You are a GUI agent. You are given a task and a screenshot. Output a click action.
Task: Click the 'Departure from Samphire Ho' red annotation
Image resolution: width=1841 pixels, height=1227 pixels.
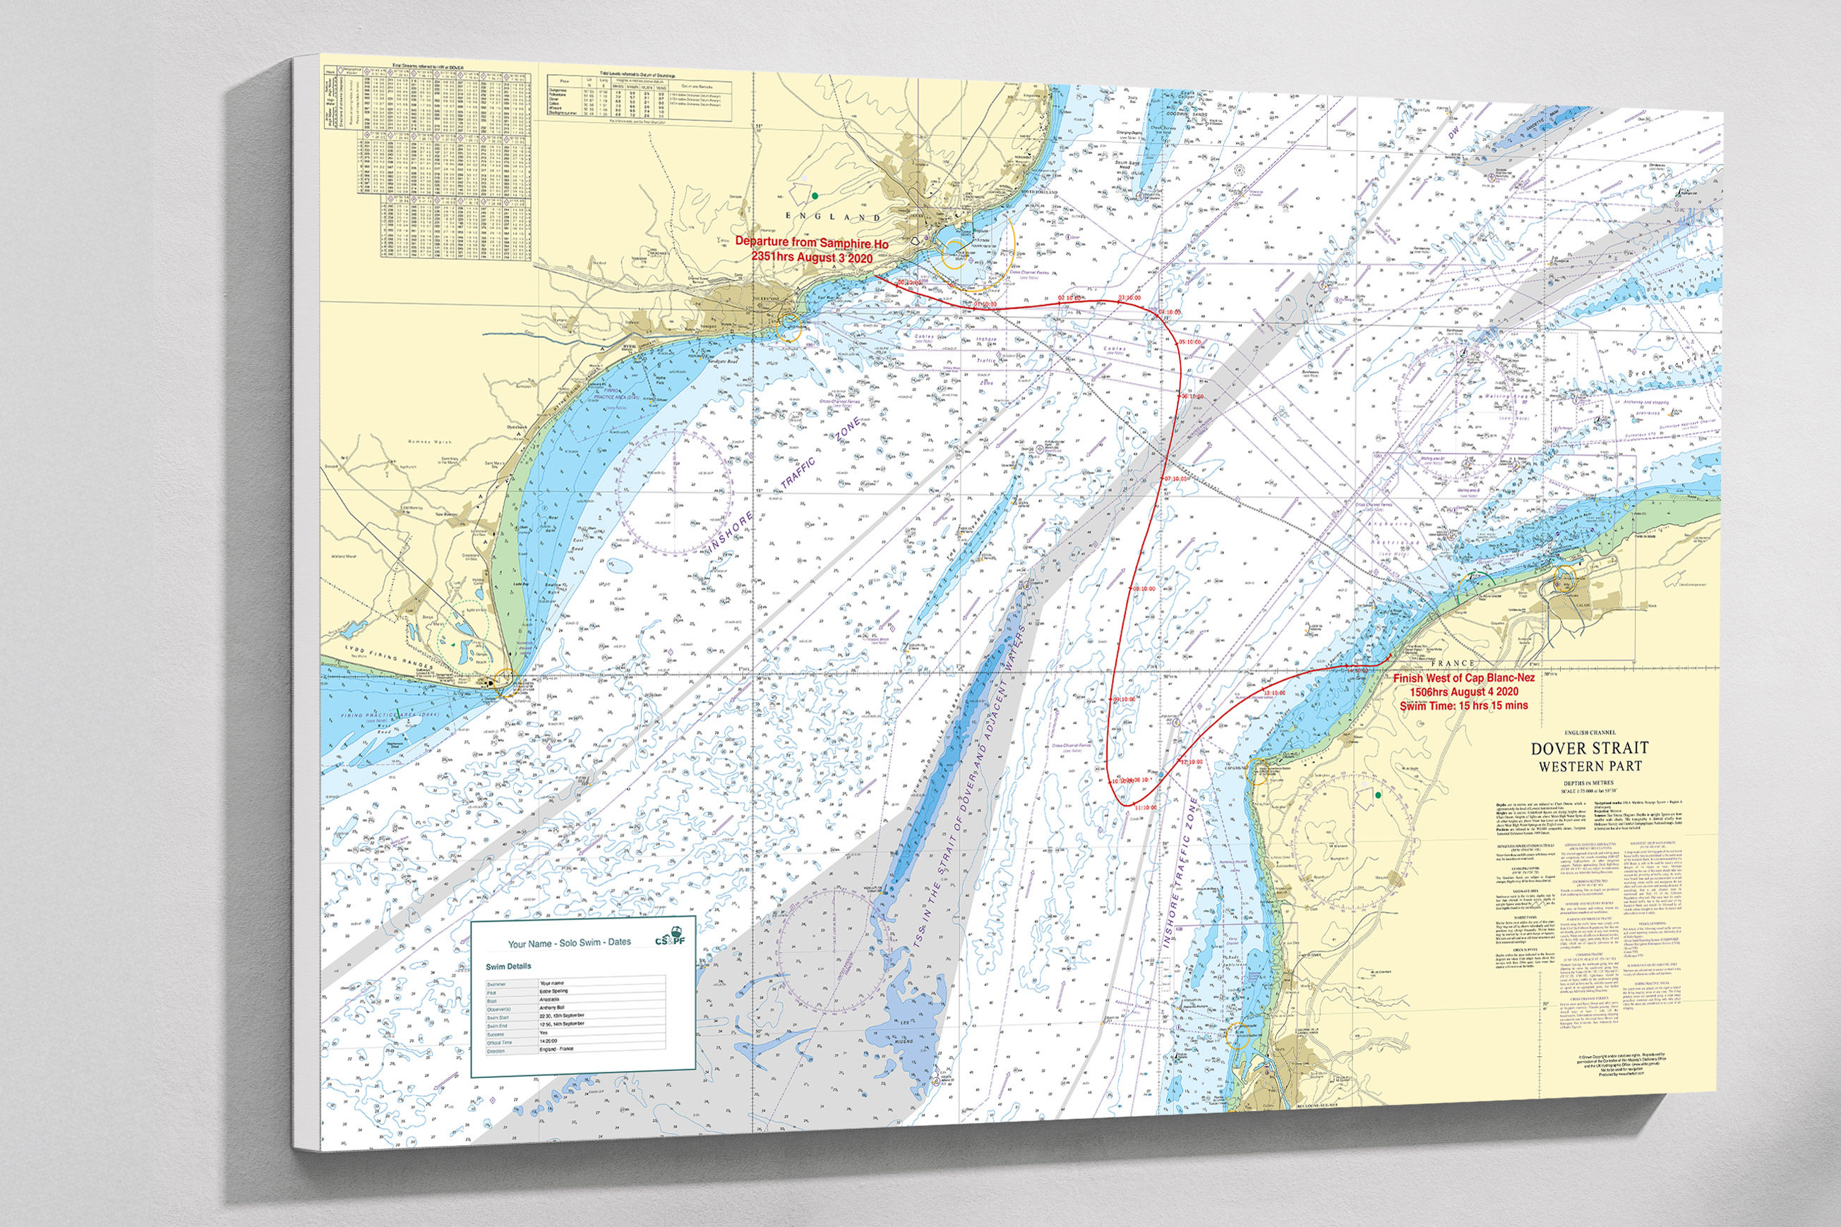pyautogui.click(x=811, y=243)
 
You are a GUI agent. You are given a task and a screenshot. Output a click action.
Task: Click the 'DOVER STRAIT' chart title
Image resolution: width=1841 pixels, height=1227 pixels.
pyautogui.click(x=1588, y=748)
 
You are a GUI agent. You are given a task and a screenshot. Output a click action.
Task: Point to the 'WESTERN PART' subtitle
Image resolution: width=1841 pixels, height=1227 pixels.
pyautogui.click(x=1590, y=766)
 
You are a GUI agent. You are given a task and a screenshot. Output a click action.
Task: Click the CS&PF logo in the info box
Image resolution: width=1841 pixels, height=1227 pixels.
pyautogui.click(x=670, y=937)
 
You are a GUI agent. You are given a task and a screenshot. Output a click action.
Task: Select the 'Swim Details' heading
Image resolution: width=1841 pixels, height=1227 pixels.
pyautogui.click(x=508, y=966)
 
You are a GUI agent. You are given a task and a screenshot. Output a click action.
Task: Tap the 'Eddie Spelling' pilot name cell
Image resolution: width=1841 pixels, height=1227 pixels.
pyautogui.click(x=553, y=991)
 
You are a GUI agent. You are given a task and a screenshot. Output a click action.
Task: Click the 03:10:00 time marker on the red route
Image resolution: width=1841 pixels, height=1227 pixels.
pyautogui.click(x=1129, y=298)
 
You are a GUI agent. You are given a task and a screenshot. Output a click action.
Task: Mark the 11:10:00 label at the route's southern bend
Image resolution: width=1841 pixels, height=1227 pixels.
pyautogui.click(x=1144, y=806)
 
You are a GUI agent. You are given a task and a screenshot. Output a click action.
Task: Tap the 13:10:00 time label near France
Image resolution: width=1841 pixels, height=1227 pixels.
pyautogui.click(x=1274, y=694)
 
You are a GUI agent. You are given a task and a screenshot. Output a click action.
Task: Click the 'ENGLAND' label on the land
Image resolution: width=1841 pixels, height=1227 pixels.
pyautogui.click(x=832, y=216)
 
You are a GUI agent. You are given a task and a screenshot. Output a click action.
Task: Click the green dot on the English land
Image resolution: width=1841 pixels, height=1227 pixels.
pyautogui.click(x=815, y=195)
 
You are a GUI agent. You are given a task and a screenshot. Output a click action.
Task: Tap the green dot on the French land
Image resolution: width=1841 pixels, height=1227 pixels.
pyautogui.click(x=1378, y=795)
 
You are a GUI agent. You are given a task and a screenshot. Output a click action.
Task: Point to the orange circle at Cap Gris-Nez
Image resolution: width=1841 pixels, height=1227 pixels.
pyautogui.click(x=1259, y=775)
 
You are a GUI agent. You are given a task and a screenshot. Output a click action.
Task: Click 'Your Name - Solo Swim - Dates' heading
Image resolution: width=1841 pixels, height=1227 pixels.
pyautogui.click(x=568, y=943)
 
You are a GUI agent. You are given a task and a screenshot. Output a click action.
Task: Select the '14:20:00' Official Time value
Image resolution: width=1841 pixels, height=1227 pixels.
pyautogui.click(x=548, y=1041)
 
